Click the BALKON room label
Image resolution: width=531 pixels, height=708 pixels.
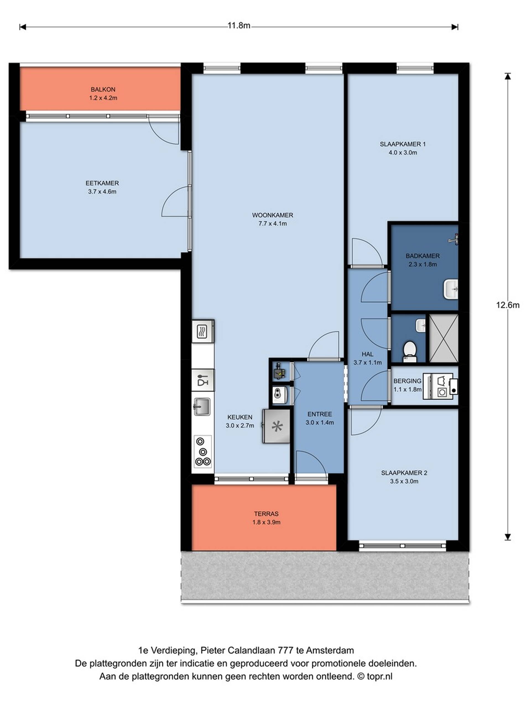pos(103,89)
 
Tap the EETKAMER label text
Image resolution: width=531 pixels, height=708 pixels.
pos(102,183)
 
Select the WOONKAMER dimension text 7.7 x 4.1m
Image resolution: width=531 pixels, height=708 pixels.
pos(272,223)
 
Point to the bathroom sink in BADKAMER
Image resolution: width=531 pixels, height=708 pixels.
pos(451,289)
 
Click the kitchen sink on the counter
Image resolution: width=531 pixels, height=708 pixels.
pos(202,407)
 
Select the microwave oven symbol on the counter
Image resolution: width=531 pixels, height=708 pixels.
pos(203,331)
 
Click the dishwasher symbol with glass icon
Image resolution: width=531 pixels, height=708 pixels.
pos(203,380)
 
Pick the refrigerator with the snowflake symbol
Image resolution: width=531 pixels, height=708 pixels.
pos(276,426)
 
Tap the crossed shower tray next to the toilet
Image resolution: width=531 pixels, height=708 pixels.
pos(444,338)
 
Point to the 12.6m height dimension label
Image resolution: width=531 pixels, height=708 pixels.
pos(508,305)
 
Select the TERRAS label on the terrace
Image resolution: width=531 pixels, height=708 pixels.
pos(266,514)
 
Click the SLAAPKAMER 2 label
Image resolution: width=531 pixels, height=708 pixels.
pos(404,473)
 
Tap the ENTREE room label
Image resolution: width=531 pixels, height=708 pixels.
pos(319,414)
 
